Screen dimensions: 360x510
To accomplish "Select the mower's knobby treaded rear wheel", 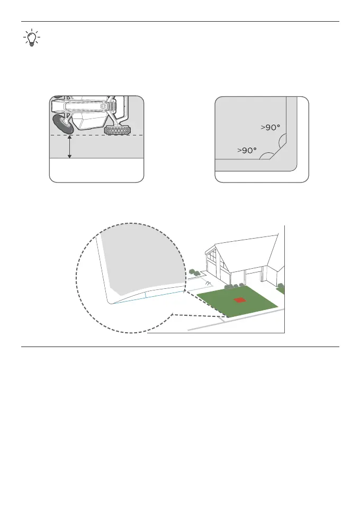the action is (117, 130).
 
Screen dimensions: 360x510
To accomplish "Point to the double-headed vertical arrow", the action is (70, 147).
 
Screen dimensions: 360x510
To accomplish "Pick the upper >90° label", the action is (271, 127).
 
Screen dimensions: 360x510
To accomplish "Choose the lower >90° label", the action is (246, 151).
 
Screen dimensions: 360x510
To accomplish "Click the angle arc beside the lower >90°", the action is (268, 156).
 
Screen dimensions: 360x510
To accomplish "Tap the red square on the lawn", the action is (239, 300).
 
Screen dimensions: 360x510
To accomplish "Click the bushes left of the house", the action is (195, 274).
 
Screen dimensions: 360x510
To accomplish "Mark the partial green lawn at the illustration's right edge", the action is (281, 290).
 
